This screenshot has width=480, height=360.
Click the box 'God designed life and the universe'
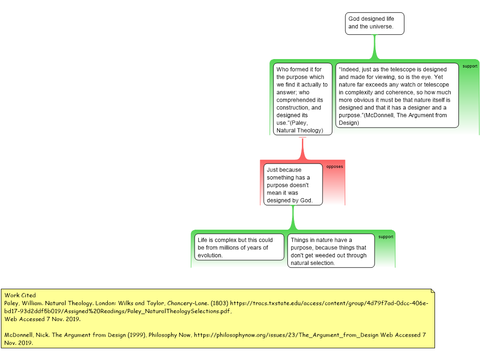[375, 23]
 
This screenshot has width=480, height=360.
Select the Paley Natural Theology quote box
[302, 99]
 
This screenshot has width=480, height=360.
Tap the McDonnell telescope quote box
[397, 96]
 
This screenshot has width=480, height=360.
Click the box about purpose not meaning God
[293, 185]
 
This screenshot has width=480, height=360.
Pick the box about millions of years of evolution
[239, 247]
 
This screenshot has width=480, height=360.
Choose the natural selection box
[330, 251]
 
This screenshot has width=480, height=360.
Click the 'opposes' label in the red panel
[335, 167]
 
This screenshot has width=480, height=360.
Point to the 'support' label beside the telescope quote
[470, 66]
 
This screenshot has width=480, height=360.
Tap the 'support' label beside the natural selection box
[386, 237]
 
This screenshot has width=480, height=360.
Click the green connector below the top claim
[375, 47]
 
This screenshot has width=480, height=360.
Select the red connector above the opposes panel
[302, 148]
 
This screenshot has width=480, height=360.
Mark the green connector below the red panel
[293, 217]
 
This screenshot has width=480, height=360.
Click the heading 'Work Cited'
[20, 295]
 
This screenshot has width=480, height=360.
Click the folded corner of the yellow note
[432, 291]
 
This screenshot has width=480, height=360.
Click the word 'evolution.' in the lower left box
[210, 255]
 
